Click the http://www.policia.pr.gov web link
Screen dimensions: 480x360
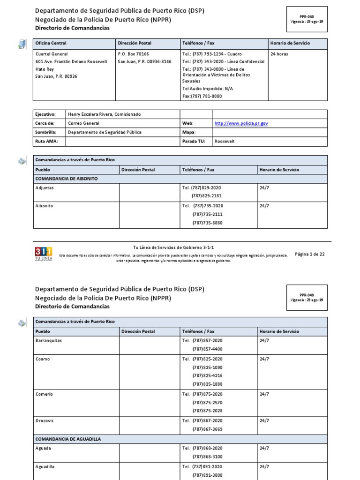(241, 123)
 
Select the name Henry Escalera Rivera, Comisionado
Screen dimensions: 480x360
(104, 114)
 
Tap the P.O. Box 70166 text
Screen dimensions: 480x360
(133, 54)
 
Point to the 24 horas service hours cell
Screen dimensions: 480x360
(279, 54)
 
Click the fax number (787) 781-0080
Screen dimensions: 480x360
(202, 96)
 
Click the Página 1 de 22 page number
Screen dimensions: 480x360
(309, 254)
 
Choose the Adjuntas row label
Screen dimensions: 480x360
(45, 187)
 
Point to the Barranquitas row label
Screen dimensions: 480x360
(48, 340)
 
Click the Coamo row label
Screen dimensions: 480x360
(43, 359)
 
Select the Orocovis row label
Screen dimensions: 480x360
(45, 421)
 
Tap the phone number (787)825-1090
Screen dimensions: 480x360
(207, 367)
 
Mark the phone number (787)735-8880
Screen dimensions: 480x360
(207, 223)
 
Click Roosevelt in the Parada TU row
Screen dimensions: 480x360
(225, 141)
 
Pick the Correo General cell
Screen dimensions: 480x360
(84, 123)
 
